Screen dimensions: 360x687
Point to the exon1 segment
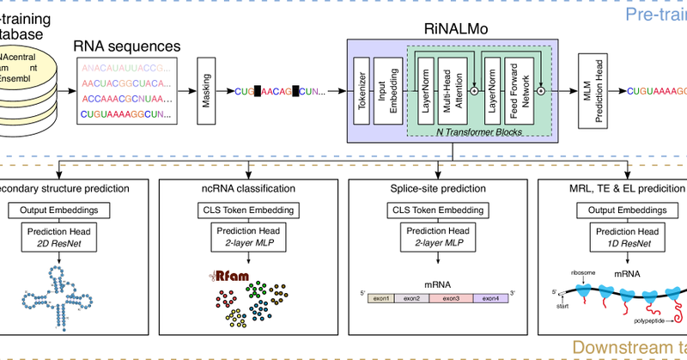click(380, 298)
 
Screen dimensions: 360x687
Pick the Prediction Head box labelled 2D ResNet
click(60, 237)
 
